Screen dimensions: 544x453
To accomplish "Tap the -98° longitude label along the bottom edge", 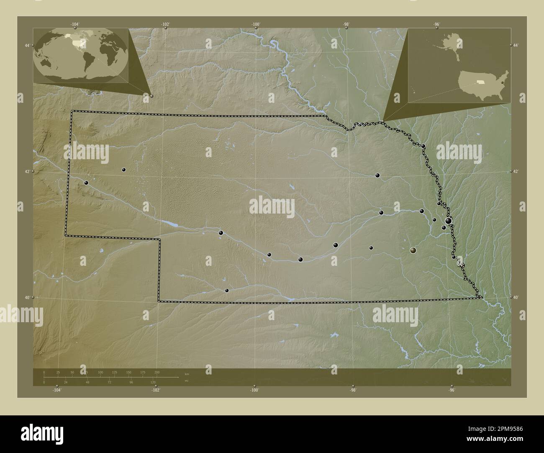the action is click(353, 390).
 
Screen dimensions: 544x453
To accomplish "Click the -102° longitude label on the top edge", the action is click(166, 24).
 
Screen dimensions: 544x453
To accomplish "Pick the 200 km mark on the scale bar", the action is click(157, 372).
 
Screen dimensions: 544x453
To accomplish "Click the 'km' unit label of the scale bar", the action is click(187, 374).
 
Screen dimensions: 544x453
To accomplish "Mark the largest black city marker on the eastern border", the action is click(449, 221).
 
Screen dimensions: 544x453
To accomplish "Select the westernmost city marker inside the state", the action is click(86, 183).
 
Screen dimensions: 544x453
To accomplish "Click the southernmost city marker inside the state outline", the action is click(227, 290).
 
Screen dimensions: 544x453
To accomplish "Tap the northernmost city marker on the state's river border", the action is click(423, 146).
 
